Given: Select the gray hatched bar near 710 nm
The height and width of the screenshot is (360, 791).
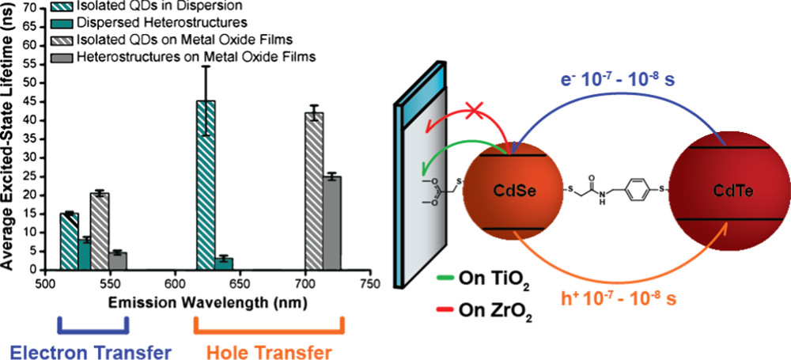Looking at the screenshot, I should coord(315,191).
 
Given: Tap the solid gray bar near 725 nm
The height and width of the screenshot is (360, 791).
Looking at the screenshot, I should coord(333,223).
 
